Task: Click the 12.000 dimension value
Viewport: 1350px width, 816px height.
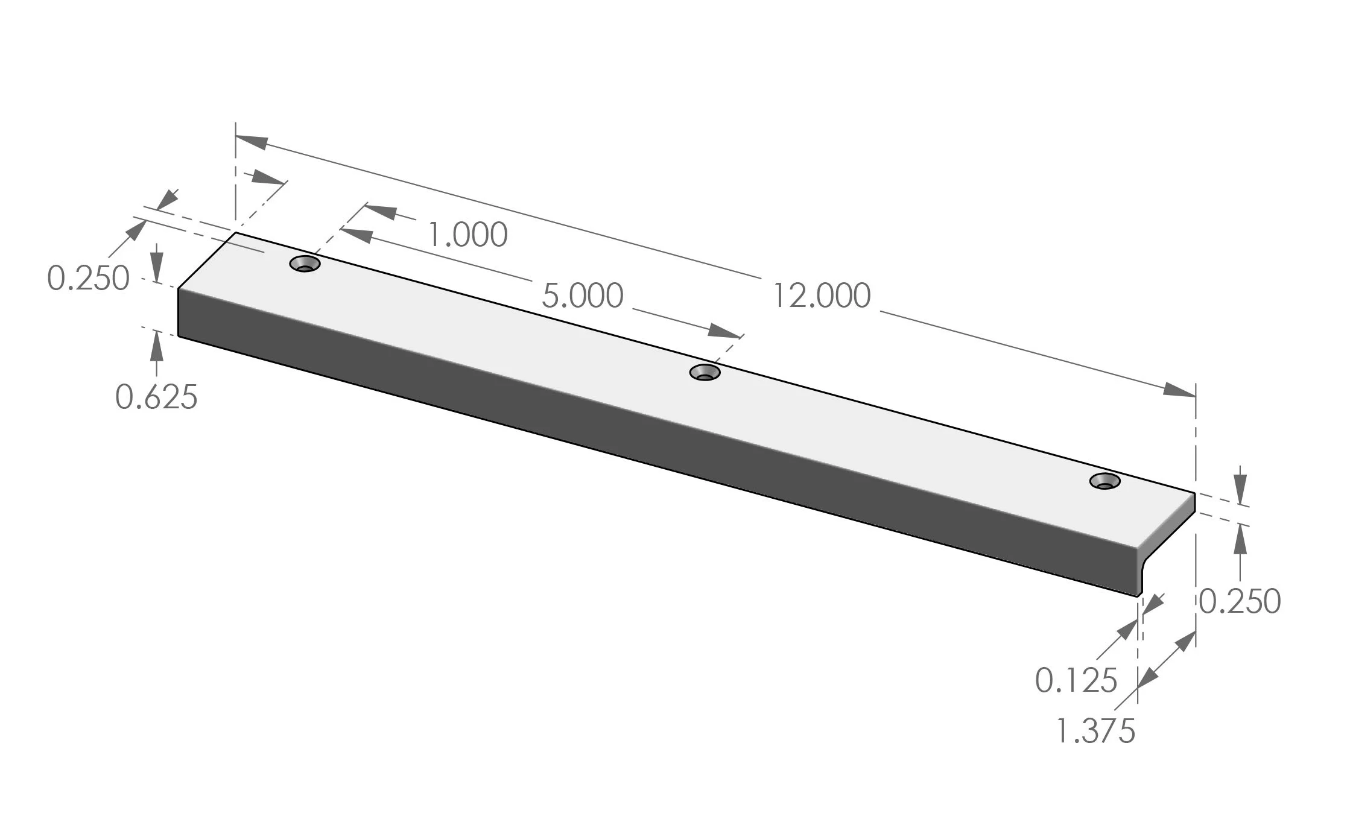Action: [822, 296]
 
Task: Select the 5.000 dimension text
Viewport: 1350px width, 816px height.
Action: [582, 296]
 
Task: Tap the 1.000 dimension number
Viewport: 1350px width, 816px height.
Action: [467, 235]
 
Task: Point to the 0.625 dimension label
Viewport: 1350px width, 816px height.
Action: [156, 397]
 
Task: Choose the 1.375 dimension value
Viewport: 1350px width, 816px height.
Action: [1095, 731]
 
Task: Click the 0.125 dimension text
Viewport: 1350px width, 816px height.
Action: [1076, 680]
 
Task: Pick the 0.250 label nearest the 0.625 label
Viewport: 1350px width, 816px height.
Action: [88, 279]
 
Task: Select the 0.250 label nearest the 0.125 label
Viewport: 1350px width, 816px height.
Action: [1240, 601]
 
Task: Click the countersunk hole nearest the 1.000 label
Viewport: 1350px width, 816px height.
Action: [305, 264]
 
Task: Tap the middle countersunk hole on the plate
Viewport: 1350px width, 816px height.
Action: [705, 372]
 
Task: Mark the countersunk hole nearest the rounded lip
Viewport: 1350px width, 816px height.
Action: [1104, 481]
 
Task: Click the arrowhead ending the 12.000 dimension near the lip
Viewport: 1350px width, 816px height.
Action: [1179, 390]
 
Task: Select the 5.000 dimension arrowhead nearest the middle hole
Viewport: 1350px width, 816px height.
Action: [724, 331]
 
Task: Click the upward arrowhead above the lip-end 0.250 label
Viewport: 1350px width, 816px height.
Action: [1240, 537]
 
